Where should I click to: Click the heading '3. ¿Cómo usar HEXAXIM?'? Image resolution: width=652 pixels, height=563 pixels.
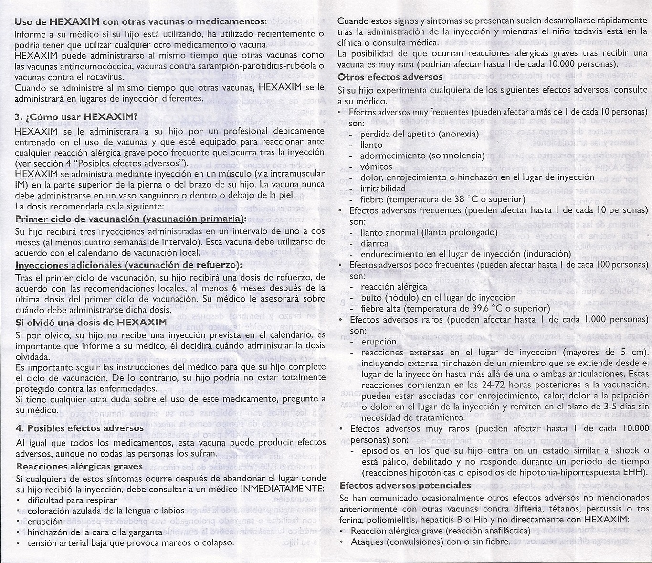click(x=76, y=116)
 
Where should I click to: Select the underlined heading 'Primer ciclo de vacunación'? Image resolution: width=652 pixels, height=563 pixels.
click(x=130, y=219)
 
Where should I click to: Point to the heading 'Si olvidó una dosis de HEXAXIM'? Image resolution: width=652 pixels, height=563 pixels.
click(x=91, y=322)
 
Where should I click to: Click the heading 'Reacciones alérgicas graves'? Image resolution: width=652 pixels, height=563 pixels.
click(x=79, y=466)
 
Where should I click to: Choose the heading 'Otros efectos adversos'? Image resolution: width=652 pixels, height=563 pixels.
click(x=390, y=77)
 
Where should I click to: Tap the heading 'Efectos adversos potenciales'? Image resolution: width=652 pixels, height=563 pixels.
click(x=405, y=485)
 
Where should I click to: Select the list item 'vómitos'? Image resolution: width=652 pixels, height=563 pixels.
click(x=377, y=167)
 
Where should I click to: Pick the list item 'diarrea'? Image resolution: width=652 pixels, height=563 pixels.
click(x=375, y=243)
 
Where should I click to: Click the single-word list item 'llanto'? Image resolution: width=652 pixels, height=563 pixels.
click(x=372, y=145)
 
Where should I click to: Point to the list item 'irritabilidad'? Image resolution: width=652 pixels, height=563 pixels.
click(x=384, y=188)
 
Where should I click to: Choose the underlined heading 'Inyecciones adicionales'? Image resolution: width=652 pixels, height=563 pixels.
click(x=128, y=265)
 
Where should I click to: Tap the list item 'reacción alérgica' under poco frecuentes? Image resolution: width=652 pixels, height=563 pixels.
click(x=388, y=287)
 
